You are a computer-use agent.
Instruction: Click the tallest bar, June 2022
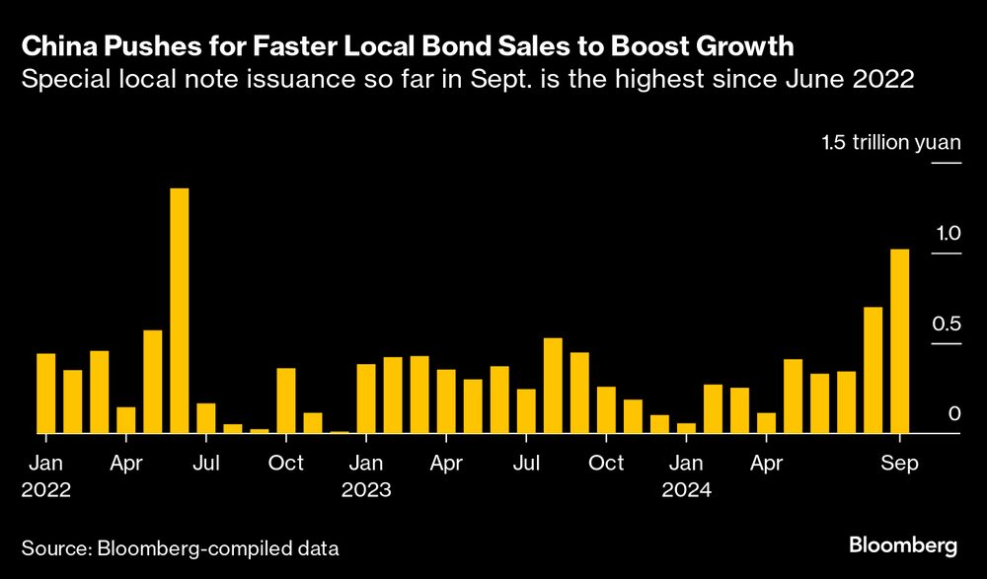(x=179, y=311)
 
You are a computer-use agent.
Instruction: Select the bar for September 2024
(x=899, y=341)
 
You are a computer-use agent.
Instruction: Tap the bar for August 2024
(x=873, y=370)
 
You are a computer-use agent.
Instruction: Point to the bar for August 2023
(x=553, y=386)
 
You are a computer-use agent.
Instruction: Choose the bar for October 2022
(x=285, y=400)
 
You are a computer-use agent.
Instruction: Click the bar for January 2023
(x=365, y=398)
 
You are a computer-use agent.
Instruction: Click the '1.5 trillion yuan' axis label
(x=890, y=144)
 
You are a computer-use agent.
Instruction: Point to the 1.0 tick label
(x=949, y=234)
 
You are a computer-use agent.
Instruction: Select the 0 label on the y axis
(x=954, y=414)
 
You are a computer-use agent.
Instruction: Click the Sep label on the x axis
(x=900, y=463)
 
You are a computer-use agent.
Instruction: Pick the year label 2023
(x=365, y=489)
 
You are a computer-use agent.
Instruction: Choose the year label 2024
(x=686, y=489)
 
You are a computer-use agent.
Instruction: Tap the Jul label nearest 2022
(x=205, y=463)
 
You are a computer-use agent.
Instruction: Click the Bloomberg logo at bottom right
(x=903, y=545)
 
